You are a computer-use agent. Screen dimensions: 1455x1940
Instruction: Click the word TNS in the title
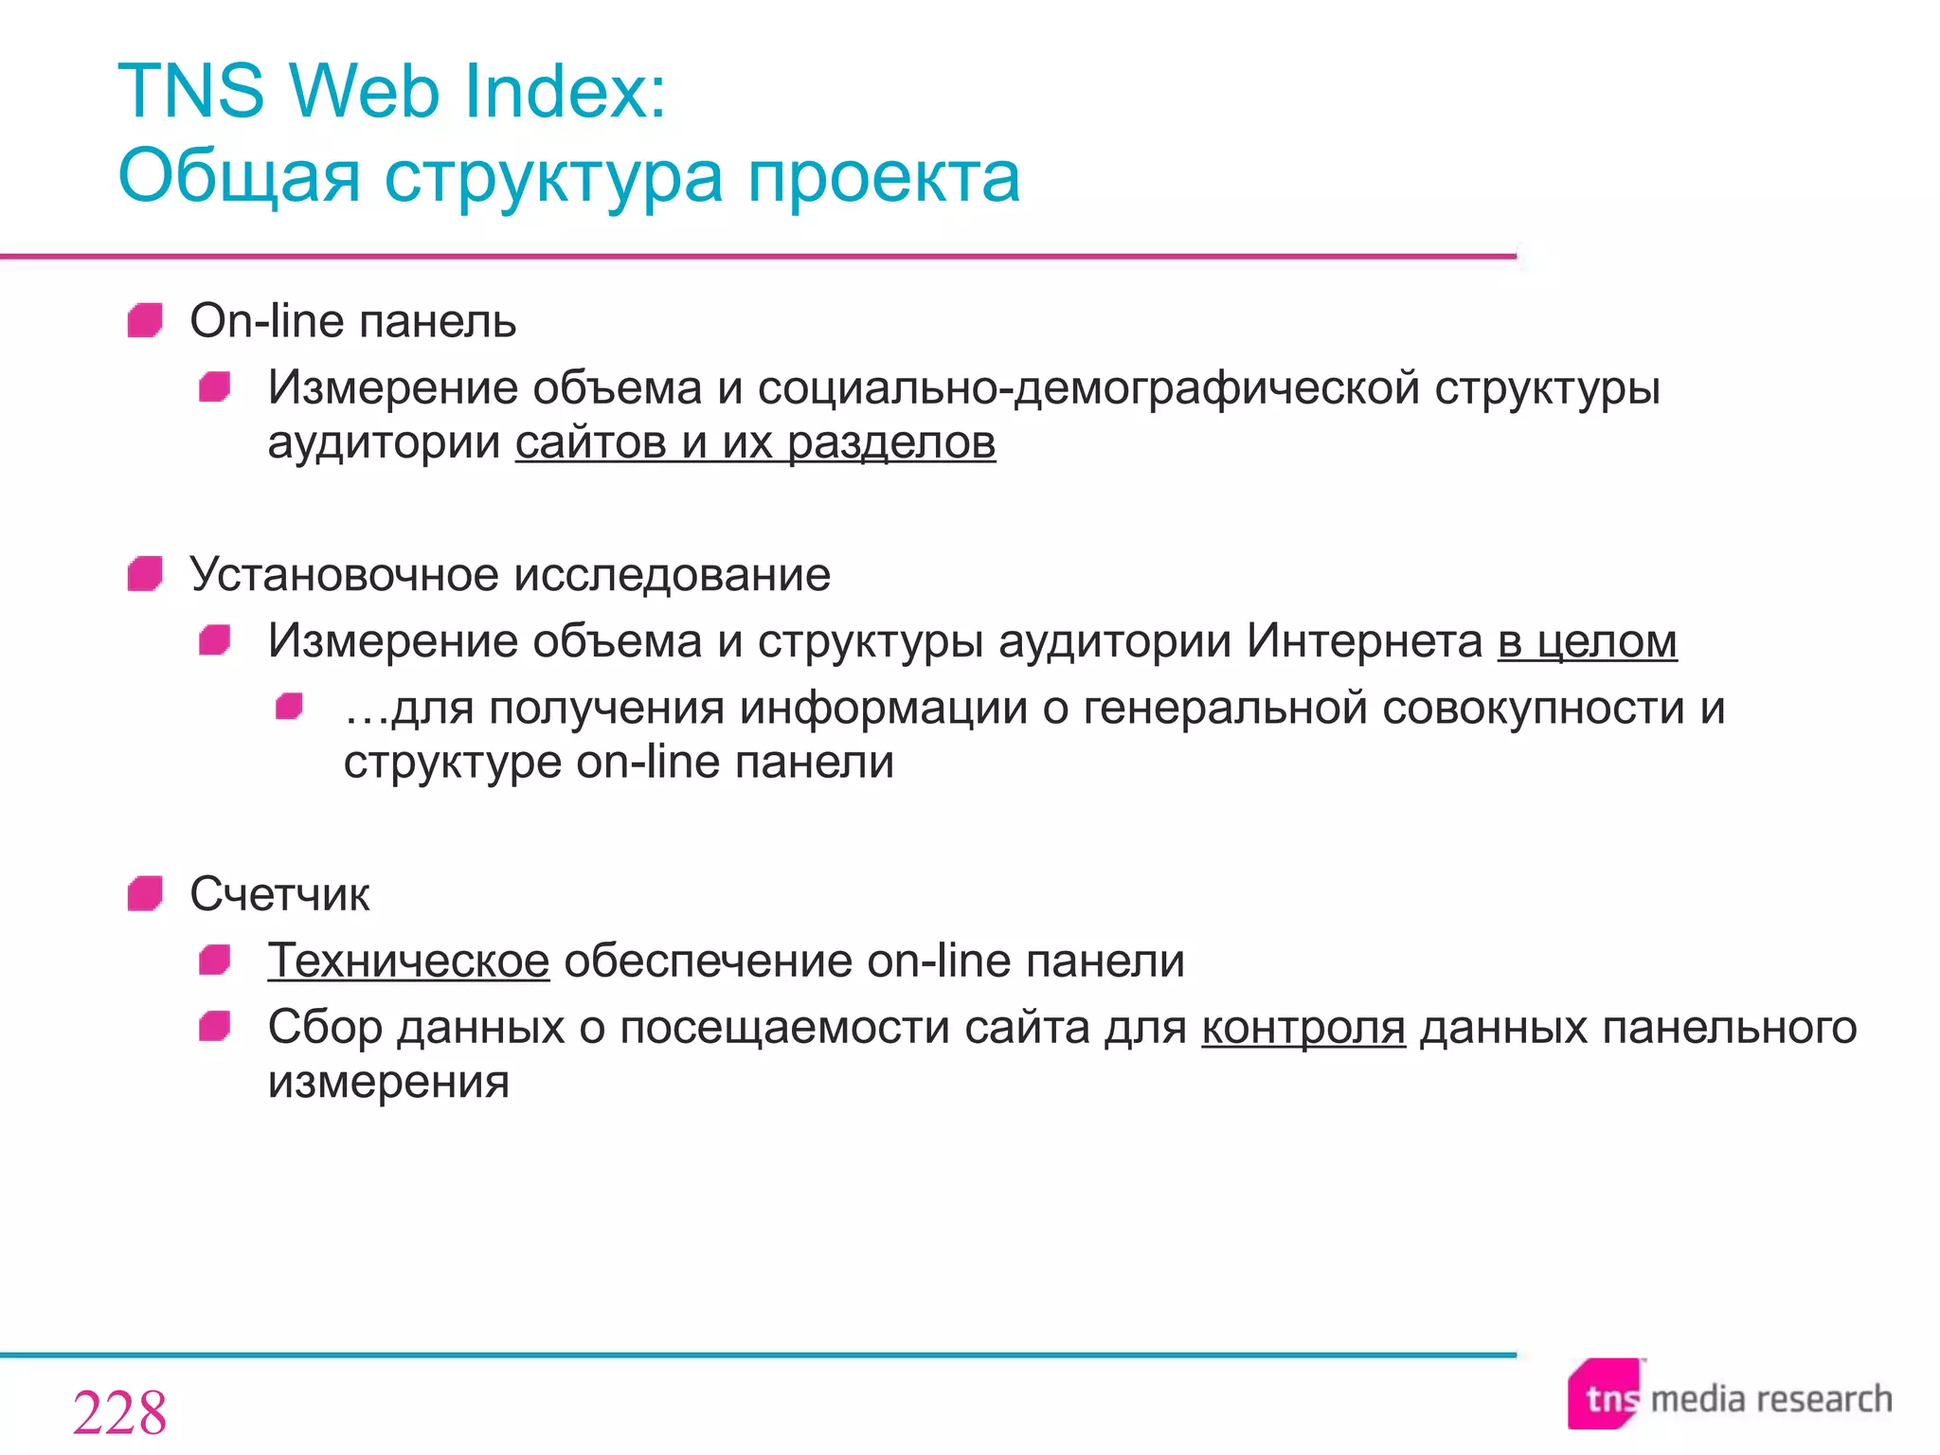190,92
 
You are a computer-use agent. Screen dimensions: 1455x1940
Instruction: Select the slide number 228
119,1412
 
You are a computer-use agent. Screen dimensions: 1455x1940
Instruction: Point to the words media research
1770,1399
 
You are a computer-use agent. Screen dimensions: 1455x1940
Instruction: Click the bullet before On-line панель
145,320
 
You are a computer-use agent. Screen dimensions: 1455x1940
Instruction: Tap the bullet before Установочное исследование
145,573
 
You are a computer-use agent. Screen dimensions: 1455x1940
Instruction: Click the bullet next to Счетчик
145,893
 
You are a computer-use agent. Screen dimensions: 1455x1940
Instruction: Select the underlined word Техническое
408,961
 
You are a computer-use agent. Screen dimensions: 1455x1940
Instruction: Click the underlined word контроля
1303,1027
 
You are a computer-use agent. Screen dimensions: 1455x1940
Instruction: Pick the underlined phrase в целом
1587,641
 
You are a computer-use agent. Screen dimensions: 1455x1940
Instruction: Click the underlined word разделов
891,442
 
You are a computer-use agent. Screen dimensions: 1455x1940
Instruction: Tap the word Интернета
1365,641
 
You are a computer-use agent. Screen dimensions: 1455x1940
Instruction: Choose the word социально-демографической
1088,388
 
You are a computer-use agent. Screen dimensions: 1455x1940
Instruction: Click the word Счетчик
279,894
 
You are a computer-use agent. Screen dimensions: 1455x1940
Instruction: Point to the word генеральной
1225,708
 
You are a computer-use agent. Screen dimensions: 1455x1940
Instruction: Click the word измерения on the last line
388,1082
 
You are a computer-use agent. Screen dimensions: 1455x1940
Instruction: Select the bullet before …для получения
289,707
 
